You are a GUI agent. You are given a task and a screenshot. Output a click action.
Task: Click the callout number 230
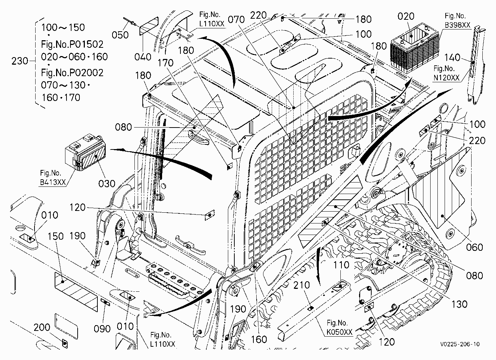coord(20,61)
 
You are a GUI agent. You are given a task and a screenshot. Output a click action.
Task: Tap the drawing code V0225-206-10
coord(460,344)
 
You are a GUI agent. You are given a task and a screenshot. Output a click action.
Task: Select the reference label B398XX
coord(458,25)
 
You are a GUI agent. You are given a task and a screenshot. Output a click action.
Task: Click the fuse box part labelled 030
coord(86,152)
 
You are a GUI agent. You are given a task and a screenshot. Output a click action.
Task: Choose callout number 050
coord(120,35)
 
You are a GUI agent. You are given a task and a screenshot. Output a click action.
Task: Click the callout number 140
coord(453,57)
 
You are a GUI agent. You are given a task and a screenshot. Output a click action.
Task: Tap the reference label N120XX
coord(446,78)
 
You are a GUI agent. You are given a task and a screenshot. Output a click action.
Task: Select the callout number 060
coord(474,247)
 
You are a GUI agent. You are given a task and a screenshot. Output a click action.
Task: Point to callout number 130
coord(459,304)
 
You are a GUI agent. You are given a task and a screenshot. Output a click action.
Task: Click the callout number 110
coord(341,265)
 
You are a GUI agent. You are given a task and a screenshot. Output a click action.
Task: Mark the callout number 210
coord(302,285)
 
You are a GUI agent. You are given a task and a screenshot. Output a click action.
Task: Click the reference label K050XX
coord(339,332)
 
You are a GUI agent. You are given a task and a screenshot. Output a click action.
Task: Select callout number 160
coord(259,339)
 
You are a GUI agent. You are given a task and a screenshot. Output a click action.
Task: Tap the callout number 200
coord(42,327)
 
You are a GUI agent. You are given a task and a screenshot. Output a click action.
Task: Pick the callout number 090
coord(102,329)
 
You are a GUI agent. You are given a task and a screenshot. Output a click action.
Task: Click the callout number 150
coord(56,236)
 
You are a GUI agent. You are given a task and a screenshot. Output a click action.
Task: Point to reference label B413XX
coord(53,182)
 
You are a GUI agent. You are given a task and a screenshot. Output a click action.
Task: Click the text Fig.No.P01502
coord(72,45)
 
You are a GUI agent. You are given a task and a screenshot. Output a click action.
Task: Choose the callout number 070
coord(236,20)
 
